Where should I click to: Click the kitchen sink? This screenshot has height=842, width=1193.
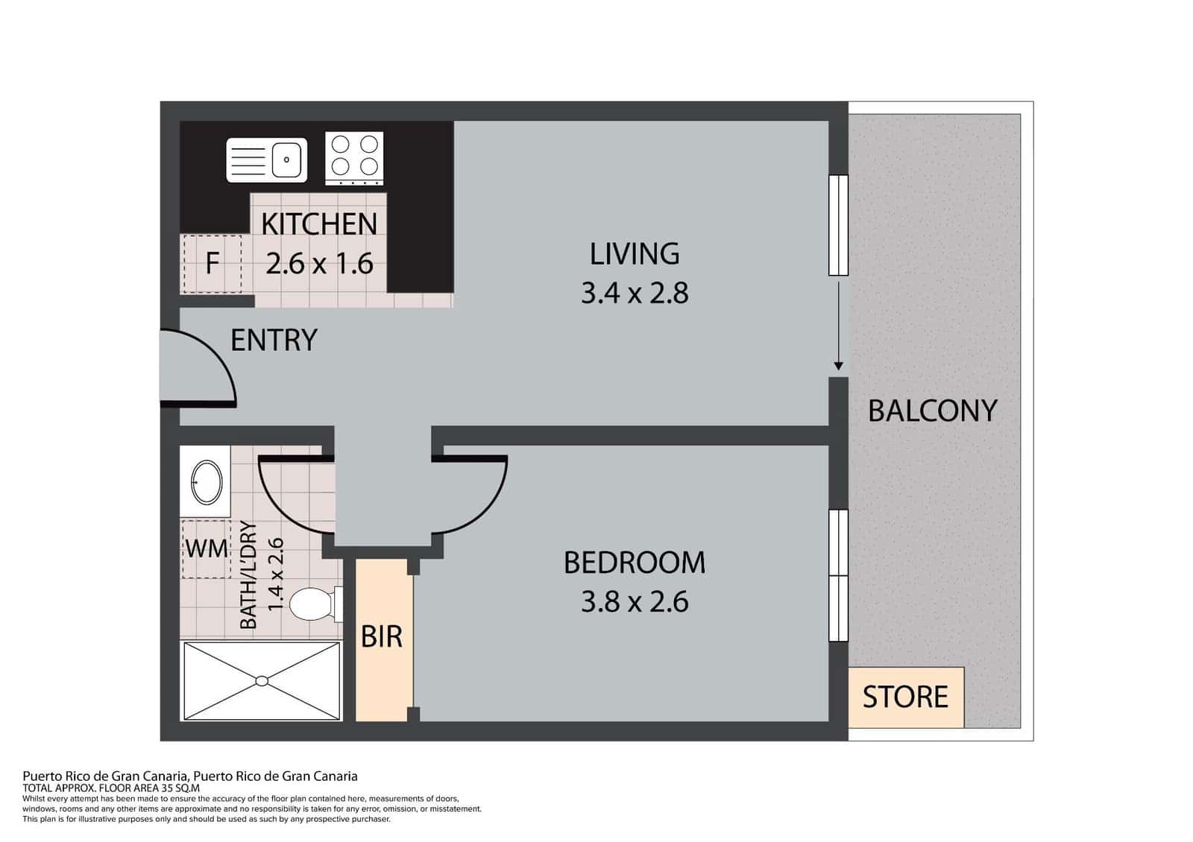click(x=266, y=159)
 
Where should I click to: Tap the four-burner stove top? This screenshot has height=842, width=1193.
click(x=354, y=159)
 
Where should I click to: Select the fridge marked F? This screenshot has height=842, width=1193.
click(x=213, y=264)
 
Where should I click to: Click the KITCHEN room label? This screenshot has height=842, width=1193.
click(x=319, y=224)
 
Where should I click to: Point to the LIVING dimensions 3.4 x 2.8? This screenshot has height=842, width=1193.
click(x=635, y=294)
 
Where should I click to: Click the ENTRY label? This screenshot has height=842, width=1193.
click(x=274, y=340)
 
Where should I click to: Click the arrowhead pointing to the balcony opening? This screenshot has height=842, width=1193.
click(x=838, y=366)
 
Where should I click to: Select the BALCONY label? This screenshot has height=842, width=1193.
click(x=933, y=411)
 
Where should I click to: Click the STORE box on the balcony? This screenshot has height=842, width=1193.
click(x=906, y=697)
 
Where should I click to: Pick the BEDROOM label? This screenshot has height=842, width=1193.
click(x=635, y=563)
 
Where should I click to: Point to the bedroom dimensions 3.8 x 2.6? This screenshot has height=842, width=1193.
click(x=635, y=603)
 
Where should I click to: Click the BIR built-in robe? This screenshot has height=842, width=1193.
click(x=382, y=639)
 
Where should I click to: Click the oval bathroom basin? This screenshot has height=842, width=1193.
click(x=207, y=482)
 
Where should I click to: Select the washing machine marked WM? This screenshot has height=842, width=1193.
click(x=206, y=548)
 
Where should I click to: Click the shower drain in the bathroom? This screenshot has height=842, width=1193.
click(x=262, y=681)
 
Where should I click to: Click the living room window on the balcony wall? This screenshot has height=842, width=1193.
click(x=838, y=225)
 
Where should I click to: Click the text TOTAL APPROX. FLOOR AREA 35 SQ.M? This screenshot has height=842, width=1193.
click(x=111, y=788)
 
